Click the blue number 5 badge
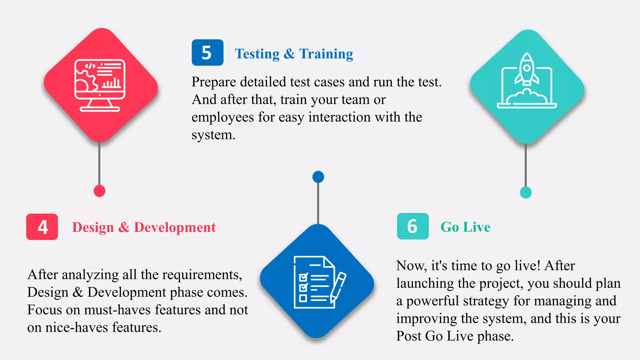(x=207, y=52)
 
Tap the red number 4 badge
(x=42, y=227)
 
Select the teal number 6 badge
(x=412, y=226)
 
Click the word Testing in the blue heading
(x=257, y=54)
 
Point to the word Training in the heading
(x=326, y=54)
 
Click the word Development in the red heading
(x=175, y=227)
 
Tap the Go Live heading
(x=465, y=227)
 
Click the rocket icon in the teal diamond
(x=527, y=69)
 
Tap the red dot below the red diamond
(x=99, y=191)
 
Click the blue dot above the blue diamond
(x=318, y=177)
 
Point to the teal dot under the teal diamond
(x=526, y=192)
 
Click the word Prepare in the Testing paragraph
(x=214, y=82)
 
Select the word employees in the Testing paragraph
(x=222, y=117)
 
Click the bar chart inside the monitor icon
(x=111, y=83)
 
